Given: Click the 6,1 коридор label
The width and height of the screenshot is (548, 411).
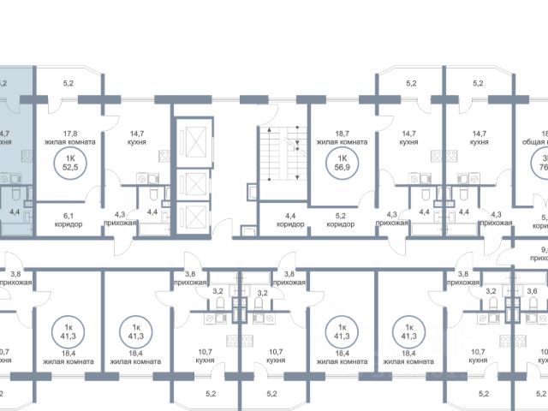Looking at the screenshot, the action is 68,218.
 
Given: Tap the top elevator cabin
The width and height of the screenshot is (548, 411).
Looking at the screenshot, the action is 191,140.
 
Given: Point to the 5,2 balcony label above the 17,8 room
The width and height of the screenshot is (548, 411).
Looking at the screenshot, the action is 68,84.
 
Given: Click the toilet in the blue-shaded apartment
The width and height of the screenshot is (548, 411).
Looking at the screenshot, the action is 8,182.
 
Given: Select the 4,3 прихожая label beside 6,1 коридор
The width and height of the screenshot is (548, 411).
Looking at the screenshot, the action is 125,218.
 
